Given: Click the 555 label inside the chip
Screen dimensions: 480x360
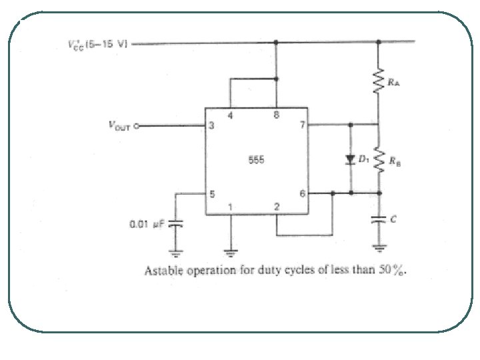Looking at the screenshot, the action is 256,161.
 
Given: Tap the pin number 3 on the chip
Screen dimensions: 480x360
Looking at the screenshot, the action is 211,125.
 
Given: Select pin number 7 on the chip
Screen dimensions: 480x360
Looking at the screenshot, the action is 301,125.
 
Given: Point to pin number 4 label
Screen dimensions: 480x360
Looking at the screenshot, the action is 231,115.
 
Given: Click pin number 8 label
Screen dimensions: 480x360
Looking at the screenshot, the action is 275,115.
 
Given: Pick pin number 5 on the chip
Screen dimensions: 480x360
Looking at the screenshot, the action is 212,194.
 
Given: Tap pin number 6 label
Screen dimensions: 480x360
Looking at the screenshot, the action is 301,194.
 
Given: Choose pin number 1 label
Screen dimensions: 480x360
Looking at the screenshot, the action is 231,207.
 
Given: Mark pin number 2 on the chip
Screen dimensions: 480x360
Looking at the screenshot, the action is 276,207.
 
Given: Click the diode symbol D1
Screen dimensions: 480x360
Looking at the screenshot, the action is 351,159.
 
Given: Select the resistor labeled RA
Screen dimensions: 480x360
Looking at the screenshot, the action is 379,82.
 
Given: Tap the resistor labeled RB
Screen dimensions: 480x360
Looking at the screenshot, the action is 379,159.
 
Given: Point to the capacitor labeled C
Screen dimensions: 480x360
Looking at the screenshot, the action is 379,219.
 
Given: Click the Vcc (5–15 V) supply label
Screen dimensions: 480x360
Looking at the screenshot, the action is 97,45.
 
